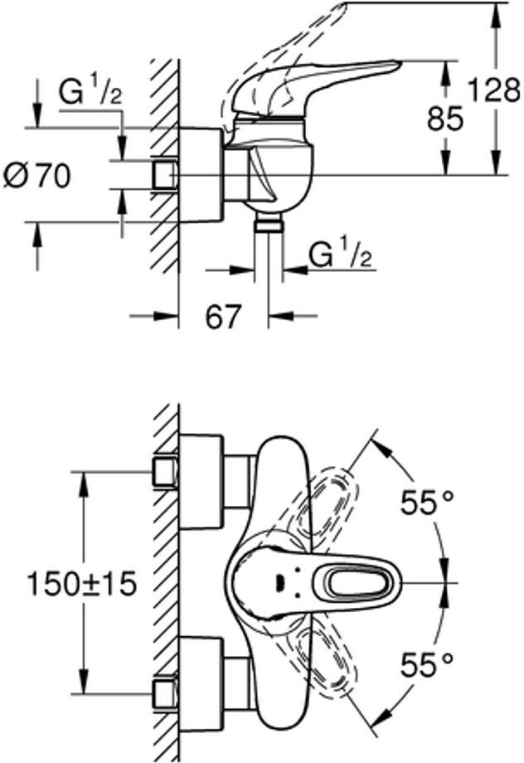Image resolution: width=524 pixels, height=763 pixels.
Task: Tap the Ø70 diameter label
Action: point(37,175)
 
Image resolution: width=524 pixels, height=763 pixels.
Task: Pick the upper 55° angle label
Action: point(428,502)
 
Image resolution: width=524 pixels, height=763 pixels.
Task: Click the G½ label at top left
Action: point(90,93)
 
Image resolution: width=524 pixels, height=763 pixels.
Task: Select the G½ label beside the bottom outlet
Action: point(340,255)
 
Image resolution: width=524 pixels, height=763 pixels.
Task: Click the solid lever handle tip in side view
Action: point(381,66)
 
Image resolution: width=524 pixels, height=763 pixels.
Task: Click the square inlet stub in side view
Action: point(165,176)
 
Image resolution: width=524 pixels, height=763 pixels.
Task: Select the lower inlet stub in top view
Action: point(165,693)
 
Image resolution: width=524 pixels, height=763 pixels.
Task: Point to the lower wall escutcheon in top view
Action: point(201,680)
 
